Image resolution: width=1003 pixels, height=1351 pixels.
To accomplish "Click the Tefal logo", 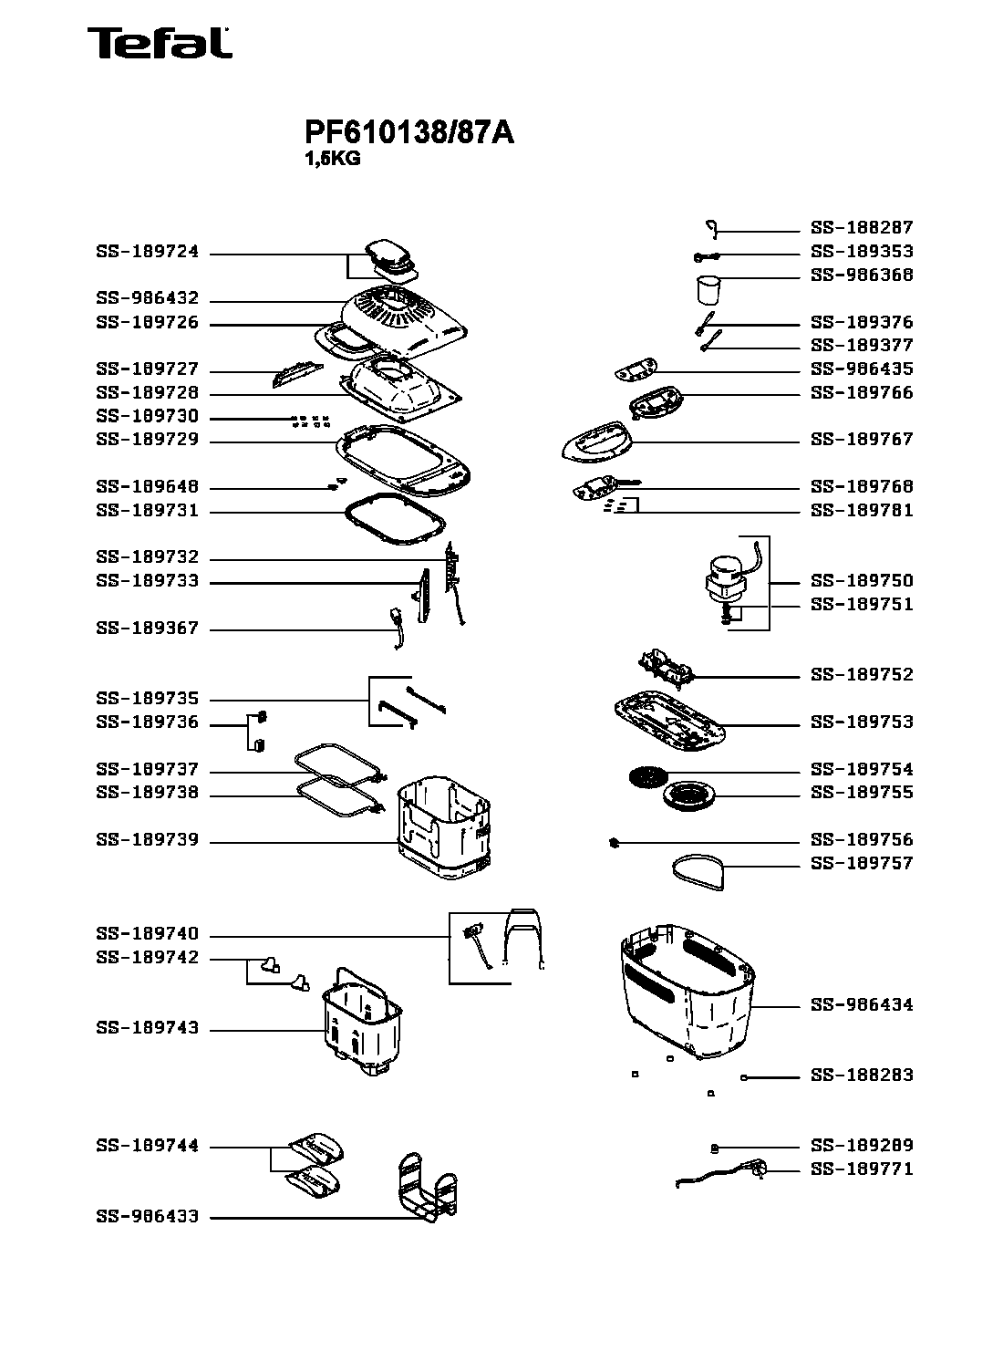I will [160, 43].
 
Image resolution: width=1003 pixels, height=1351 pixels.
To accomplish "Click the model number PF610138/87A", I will [409, 133].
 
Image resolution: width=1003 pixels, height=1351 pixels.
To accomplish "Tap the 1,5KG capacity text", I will [332, 158].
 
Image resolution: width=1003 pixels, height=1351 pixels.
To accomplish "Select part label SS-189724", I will [147, 253].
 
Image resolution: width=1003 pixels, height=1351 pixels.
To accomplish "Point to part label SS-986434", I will [862, 1004].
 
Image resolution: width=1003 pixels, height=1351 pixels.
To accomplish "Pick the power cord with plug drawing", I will [725, 1174].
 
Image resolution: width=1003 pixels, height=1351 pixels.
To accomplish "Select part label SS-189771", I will [862, 1169].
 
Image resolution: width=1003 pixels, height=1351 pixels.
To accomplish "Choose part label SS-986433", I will [147, 1217].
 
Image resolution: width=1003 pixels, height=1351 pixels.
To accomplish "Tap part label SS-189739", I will [147, 840].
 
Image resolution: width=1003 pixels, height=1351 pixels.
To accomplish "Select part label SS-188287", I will [862, 227].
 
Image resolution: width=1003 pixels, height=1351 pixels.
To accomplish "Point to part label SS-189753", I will [862, 722].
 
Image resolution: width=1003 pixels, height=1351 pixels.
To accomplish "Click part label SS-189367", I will [147, 629].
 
